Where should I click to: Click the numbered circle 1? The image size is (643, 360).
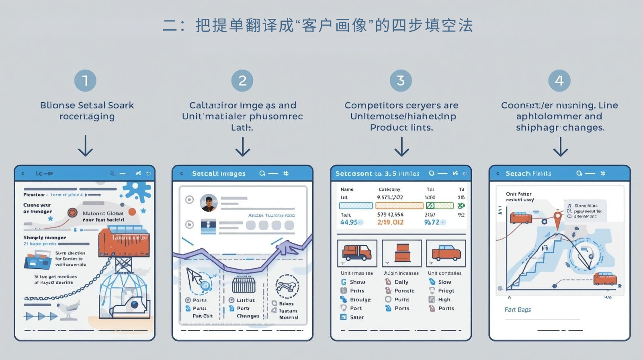[x=85, y=80]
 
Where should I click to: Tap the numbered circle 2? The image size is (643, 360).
[x=242, y=80]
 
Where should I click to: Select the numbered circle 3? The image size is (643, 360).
[x=401, y=80]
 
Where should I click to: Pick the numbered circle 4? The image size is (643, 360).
[x=559, y=80]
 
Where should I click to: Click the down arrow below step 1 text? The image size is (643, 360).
[x=85, y=145]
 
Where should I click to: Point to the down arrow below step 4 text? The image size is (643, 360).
[x=560, y=146]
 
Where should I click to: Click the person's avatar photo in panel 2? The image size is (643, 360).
[x=209, y=203]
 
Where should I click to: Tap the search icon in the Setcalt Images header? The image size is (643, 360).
[x=262, y=174]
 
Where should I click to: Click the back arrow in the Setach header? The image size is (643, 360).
[x=498, y=174]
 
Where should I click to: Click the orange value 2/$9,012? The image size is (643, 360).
[x=390, y=222]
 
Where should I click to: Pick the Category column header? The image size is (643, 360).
[x=389, y=189]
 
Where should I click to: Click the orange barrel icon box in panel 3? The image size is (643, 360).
[x=401, y=253]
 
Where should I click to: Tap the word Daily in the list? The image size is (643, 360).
[x=401, y=282]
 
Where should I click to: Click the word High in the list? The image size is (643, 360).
[x=444, y=300]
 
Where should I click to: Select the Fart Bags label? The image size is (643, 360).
[x=518, y=310]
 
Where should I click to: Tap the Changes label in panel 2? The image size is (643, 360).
[x=248, y=316]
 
